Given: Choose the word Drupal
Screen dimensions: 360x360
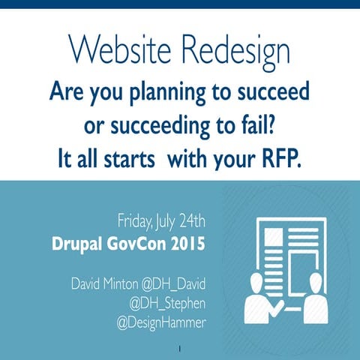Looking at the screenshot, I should [83, 244].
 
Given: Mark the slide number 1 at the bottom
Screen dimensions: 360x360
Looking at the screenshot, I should [180, 349].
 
